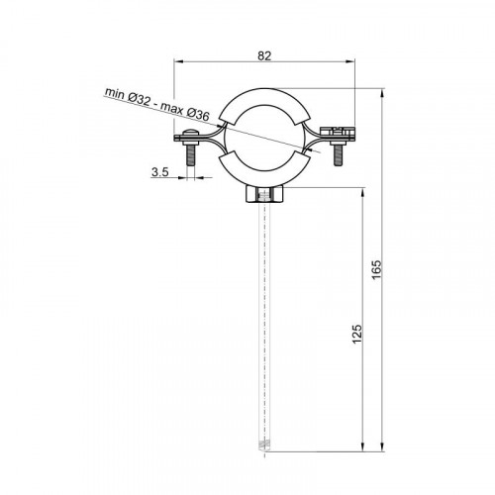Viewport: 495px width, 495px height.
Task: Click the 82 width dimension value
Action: (264, 56)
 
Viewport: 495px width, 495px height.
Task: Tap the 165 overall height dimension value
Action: (376, 269)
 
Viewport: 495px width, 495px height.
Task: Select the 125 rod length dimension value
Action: (357, 334)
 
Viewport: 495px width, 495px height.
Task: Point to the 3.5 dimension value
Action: (160, 172)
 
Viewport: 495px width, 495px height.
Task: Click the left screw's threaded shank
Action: (190, 155)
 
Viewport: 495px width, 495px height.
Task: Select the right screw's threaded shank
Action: (338, 154)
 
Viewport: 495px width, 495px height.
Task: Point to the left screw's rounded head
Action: (190, 133)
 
